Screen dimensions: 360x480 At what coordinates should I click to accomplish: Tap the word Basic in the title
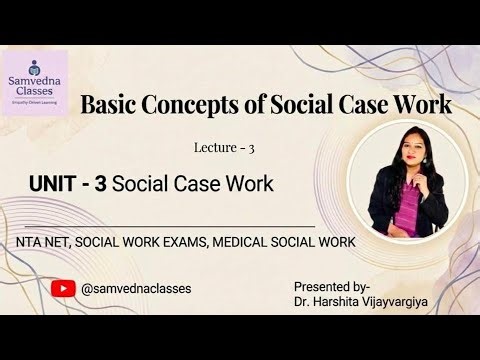(111, 104)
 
